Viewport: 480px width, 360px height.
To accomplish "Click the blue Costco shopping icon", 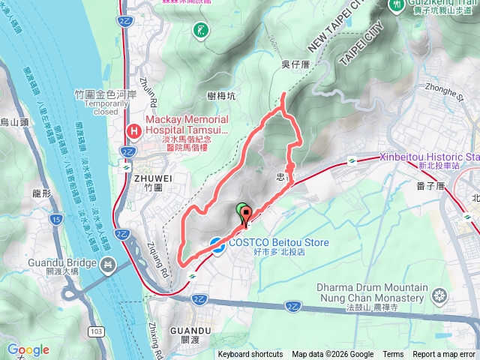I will coord(217,243).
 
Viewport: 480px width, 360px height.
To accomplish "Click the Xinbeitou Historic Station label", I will coord(428,156).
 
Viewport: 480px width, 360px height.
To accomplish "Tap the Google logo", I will coord(28,349).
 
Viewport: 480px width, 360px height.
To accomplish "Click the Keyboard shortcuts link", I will coord(250,355).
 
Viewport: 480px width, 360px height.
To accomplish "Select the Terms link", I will coord(393,355).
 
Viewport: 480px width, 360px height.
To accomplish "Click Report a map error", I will coord(444,355).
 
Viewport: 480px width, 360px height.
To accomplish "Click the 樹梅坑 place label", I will coord(220,95).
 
